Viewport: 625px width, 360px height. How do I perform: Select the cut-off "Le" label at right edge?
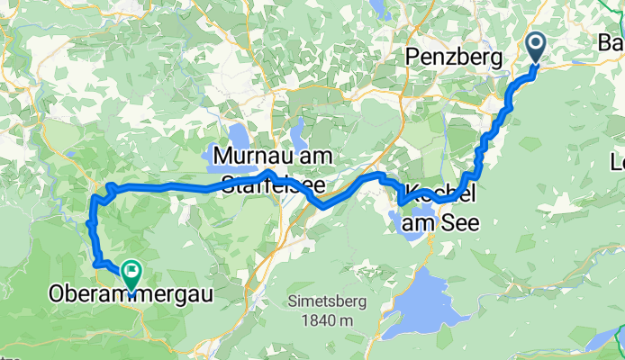[x=618, y=163]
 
